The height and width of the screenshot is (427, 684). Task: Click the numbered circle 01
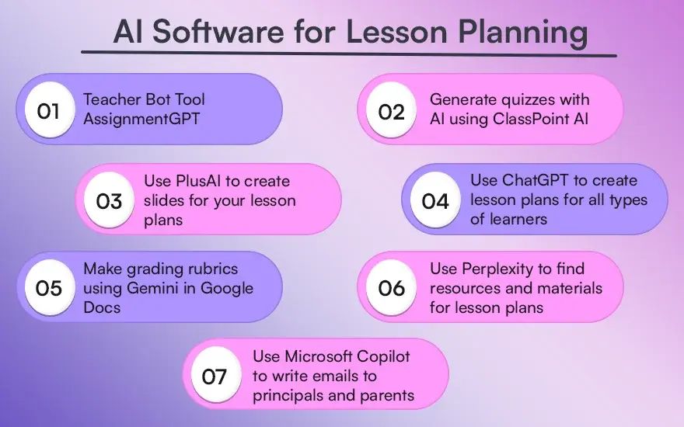click(49, 109)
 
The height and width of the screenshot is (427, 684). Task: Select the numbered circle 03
click(109, 200)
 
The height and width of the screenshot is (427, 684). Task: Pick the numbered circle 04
click(435, 200)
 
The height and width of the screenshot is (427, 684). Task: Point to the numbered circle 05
click(49, 287)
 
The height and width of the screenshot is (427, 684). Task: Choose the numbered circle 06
click(391, 287)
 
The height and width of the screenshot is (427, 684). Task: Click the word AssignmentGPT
click(141, 120)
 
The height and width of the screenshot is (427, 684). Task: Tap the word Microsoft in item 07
click(312, 356)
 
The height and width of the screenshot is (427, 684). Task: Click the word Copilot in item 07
click(377, 357)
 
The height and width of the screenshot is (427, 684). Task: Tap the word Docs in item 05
click(102, 307)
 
